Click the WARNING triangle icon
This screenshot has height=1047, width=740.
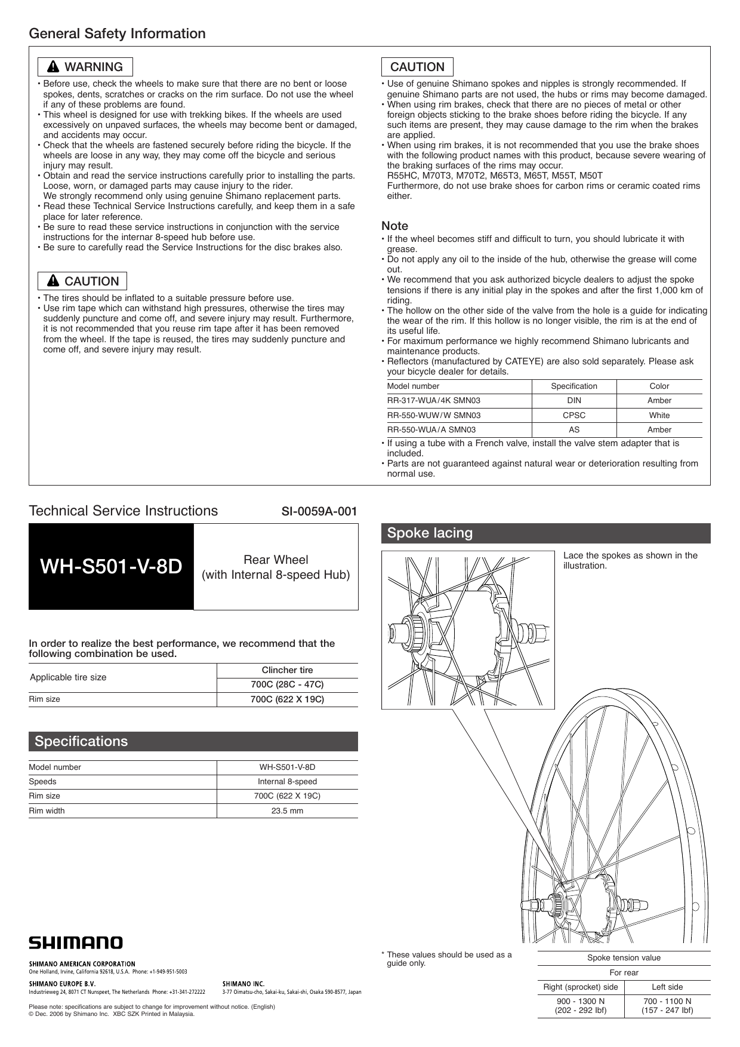pos(54,67)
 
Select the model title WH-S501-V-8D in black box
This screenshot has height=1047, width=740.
pos(111,566)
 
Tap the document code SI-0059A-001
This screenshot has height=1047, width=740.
pos(319,511)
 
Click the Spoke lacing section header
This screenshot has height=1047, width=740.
pos(430,533)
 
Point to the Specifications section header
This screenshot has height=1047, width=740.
pos(81,741)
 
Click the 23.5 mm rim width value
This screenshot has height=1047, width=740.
pos(287,810)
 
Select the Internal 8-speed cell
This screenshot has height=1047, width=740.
pos(287,781)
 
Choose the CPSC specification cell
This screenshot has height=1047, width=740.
pos(573,415)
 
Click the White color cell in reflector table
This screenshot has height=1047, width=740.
pos(659,415)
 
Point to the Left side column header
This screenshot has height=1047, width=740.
pos(667,987)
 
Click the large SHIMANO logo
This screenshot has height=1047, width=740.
pos(76,942)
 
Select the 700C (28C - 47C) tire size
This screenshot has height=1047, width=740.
pos(287,684)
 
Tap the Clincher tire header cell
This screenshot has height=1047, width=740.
pos(287,670)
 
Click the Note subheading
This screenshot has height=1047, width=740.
pos(394,226)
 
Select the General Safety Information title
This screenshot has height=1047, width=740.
pos(117,33)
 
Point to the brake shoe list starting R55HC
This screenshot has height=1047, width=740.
pos(495,176)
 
